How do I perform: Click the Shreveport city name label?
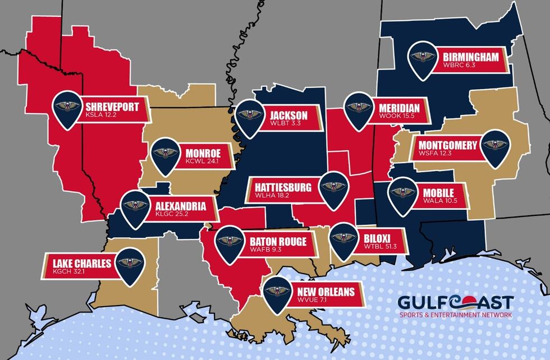click(112, 105)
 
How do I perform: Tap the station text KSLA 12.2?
click(101, 116)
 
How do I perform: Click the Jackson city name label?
click(283, 111)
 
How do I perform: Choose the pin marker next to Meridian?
click(358, 109)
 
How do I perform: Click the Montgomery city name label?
click(448, 145)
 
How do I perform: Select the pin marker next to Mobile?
click(402, 192)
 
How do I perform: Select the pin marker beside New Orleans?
click(277, 292)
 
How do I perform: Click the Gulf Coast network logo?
click(455, 306)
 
